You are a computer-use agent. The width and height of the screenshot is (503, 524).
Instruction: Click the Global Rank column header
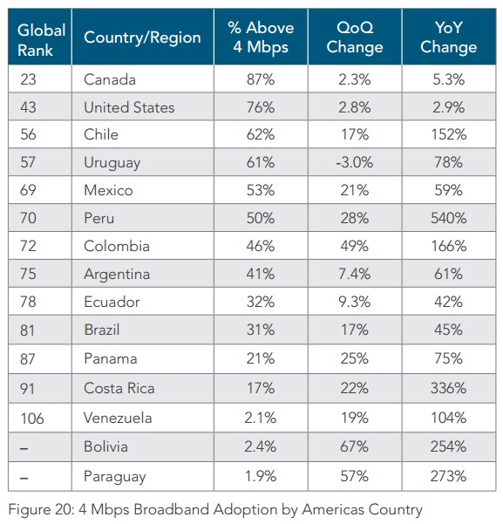[42, 40]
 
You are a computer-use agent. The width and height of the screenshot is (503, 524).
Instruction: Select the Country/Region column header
[142, 37]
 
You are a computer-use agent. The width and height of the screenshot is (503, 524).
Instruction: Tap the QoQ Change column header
[355, 37]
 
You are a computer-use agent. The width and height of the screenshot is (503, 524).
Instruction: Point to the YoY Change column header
[449, 37]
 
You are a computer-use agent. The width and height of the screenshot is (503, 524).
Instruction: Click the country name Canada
[110, 79]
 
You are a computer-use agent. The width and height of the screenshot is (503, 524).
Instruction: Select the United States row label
[129, 107]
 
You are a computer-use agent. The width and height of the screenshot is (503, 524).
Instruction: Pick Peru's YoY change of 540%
[449, 218]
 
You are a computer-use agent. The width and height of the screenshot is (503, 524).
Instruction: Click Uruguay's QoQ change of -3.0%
[355, 162]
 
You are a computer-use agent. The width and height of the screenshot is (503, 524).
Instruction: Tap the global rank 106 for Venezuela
[32, 418]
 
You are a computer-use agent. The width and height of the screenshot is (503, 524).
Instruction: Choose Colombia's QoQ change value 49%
[355, 246]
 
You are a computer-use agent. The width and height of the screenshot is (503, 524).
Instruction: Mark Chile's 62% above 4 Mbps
[261, 134]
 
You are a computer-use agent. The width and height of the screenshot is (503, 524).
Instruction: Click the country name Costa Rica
[119, 388]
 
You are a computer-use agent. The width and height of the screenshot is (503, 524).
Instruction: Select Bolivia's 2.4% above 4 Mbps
[261, 446]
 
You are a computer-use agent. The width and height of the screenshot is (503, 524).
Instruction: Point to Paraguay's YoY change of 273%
[449, 476]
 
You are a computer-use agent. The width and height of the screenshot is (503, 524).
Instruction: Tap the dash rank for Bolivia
[24, 448]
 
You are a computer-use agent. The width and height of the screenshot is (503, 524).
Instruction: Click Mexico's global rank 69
[28, 190]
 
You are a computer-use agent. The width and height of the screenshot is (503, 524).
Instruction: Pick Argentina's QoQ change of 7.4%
[355, 274]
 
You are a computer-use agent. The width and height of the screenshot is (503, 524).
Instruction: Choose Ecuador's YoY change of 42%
[449, 302]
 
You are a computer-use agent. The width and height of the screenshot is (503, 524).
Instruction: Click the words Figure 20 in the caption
[40, 510]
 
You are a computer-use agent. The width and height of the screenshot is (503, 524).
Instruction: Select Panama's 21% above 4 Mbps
[261, 359]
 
